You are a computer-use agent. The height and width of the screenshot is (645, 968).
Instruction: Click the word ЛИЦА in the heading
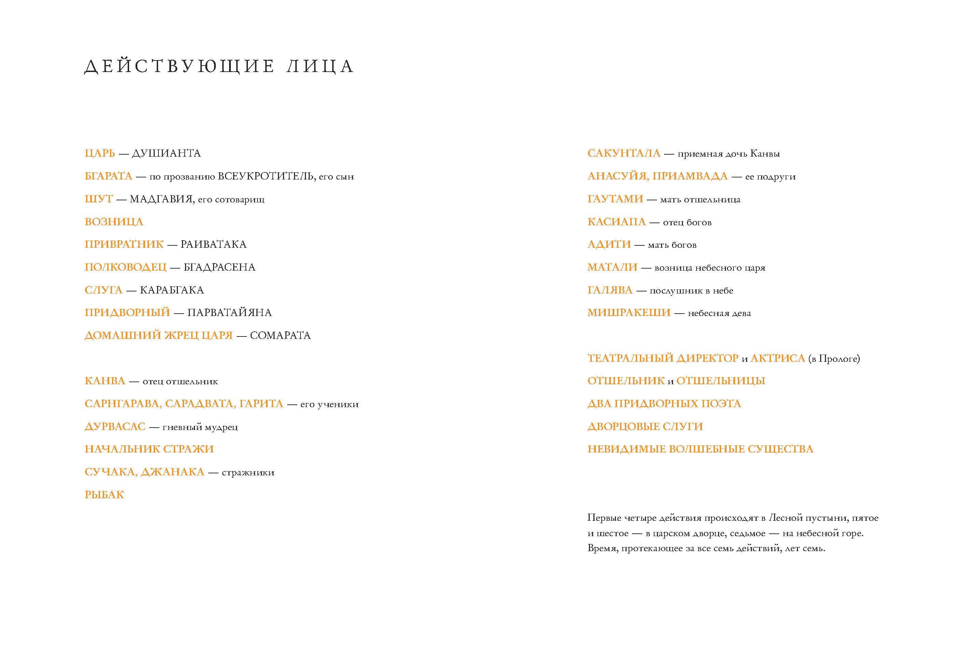tap(321, 66)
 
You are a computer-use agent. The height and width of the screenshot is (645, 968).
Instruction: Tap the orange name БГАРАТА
tap(108, 176)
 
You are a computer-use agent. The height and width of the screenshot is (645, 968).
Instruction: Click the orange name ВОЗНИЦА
tap(114, 222)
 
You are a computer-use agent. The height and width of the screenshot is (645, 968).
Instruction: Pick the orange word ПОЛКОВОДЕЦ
tap(126, 267)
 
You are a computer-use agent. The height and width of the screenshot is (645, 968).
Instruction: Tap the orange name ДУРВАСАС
tap(115, 427)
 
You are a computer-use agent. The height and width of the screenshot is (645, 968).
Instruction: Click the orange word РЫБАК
tap(104, 495)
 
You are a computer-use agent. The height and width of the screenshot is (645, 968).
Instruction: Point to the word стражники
tap(248, 472)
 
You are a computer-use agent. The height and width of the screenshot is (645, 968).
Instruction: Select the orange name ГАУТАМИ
tap(615, 199)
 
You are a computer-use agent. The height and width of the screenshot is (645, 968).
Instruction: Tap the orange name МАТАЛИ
tap(612, 267)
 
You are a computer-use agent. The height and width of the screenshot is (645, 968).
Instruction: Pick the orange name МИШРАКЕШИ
tap(629, 313)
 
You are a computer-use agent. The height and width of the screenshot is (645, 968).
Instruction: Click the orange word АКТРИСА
tap(777, 358)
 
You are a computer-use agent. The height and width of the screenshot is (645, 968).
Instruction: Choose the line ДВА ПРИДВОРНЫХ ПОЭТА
tap(664, 403)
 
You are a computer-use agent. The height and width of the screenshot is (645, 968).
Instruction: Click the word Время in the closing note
tap(602, 548)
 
